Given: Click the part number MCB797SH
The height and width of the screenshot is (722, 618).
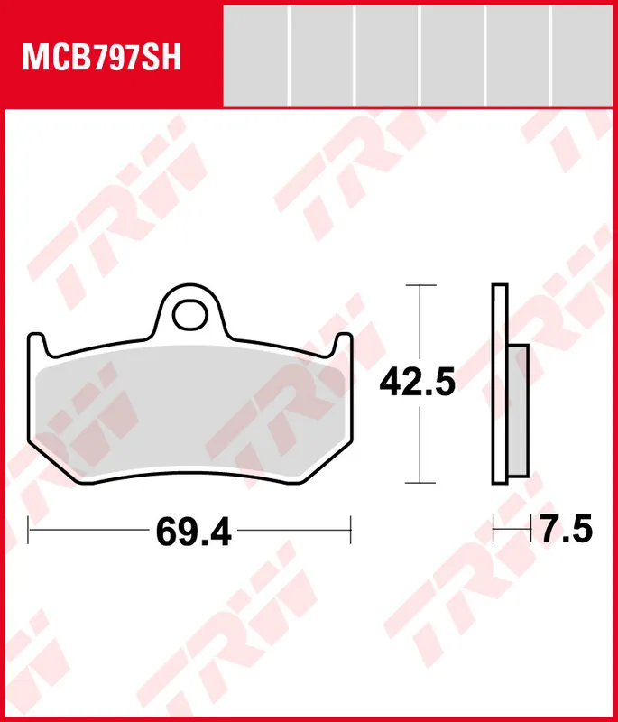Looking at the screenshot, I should click(x=102, y=58).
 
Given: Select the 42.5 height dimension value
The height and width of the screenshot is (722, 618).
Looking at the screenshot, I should click(x=418, y=383).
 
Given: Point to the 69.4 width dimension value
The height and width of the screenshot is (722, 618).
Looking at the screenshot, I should click(x=193, y=532).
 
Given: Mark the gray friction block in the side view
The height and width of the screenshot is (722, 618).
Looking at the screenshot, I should click(x=518, y=410).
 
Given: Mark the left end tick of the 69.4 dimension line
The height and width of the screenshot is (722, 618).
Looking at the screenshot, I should click(x=29, y=531).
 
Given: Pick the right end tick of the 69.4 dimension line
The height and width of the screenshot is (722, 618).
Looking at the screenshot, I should click(x=350, y=531).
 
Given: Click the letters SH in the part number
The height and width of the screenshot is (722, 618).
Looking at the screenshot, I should click(x=163, y=58).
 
